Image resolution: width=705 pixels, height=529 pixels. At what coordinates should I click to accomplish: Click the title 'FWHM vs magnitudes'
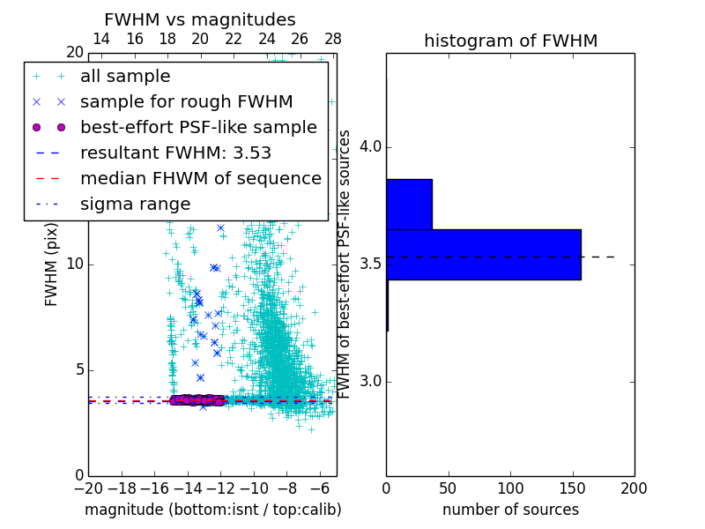point(200,19)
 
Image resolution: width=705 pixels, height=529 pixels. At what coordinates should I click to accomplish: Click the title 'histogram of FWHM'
point(510,41)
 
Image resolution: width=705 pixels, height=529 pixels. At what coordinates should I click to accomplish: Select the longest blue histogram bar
point(483,255)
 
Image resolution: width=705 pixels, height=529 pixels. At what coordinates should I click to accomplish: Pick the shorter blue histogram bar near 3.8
point(409,204)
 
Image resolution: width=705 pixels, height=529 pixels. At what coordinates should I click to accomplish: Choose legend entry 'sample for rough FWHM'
point(187,102)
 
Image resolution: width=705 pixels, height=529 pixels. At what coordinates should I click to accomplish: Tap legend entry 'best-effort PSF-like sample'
point(198,128)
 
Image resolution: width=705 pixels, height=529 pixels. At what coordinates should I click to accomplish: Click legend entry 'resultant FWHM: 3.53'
point(175,153)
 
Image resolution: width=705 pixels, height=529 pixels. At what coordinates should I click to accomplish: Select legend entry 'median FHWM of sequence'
point(201,179)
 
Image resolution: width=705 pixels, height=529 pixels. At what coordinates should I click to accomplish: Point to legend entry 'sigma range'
point(135,205)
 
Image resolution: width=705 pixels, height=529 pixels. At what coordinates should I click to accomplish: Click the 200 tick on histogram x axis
point(634,488)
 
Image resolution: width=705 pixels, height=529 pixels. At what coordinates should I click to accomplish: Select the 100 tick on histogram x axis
point(510,488)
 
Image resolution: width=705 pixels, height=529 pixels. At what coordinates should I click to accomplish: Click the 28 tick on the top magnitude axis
point(333,39)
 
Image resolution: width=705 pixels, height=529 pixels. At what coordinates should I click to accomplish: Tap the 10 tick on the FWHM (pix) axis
point(74,264)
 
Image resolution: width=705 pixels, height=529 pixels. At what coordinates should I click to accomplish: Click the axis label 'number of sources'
point(510,510)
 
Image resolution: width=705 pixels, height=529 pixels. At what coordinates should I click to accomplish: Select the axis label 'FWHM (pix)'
point(52,268)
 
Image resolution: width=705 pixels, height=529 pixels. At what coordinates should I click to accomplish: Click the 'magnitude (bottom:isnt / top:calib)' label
point(212,510)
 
